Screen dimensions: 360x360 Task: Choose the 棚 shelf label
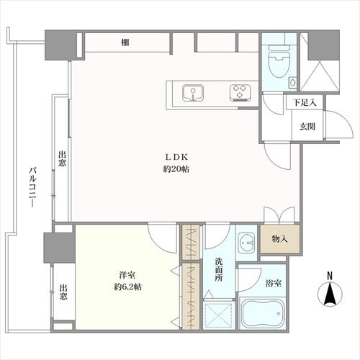[x=125, y=43]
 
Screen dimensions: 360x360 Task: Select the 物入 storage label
[x=280, y=239]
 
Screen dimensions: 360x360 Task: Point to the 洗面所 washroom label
[x=218, y=269]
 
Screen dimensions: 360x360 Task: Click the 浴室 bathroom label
[x=274, y=283]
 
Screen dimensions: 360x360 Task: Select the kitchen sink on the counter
[x=192, y=91]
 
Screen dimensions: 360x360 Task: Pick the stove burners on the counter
[x=240, y=91]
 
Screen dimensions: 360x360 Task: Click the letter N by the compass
[x=329, y=276]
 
